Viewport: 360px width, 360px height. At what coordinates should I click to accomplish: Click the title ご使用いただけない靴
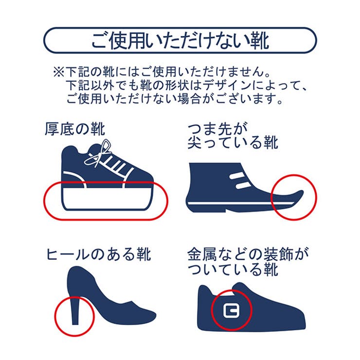[x=180, y=41]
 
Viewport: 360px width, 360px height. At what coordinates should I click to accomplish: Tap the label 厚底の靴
[x=75, y=129]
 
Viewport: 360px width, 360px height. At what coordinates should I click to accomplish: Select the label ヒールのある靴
[x=98, y=254]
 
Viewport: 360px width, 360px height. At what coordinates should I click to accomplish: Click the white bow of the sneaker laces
[x=98, y=154]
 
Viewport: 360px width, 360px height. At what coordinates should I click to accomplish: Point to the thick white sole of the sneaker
[x=108, y=198]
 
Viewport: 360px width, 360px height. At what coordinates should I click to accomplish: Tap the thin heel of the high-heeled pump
[x=75, y=310]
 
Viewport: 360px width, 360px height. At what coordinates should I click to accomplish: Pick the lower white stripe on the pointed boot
[x=244, y=185]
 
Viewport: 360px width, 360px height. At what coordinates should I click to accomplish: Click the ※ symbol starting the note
[x=59, y=72]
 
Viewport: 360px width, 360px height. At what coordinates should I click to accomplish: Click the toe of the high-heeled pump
[x=147, y=316]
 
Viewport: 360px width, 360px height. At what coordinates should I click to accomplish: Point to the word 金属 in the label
[x=202, y=254]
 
